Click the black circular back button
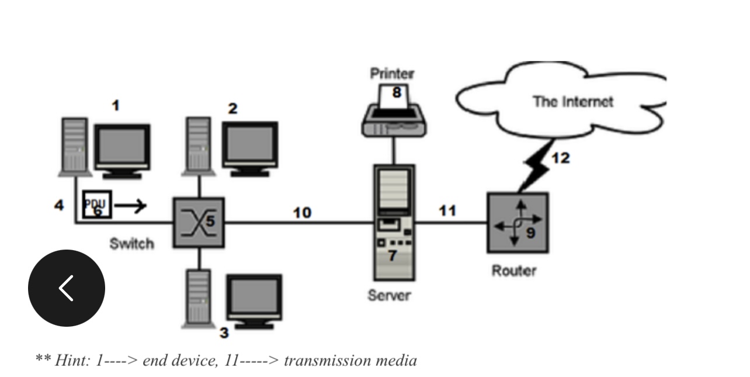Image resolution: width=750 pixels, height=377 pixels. (66, 288)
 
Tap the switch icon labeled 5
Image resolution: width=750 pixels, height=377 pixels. (198, 222)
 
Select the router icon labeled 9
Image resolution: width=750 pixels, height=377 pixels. (518, 223)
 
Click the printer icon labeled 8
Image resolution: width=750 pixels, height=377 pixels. (394, 113)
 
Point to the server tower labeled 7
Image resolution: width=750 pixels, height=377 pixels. (394, 222)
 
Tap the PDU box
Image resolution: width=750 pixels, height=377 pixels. (97, 204)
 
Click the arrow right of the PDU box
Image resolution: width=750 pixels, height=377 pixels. (130, 205)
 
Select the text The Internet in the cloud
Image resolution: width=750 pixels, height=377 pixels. (572, 102)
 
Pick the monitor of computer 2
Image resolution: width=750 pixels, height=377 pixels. (250, 147)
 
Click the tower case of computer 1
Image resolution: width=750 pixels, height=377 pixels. (75, 146)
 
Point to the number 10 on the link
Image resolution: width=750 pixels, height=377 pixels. (301, 213)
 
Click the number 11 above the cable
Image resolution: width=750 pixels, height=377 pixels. (447, 210)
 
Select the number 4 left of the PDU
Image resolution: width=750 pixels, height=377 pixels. (59, 205)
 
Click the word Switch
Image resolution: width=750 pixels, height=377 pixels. (131, 244)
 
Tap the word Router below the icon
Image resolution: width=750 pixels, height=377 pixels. (513, 271)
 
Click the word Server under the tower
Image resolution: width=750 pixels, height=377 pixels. (389, 296)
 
